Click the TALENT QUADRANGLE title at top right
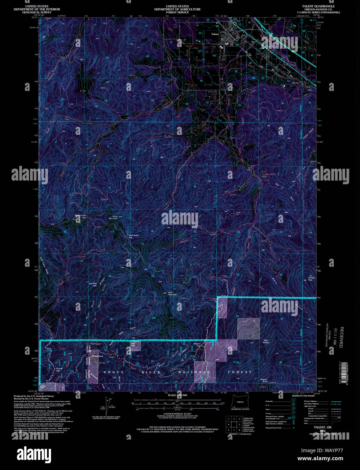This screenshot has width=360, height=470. (x=318, y=6)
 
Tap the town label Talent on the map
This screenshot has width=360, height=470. (x=215, y=34)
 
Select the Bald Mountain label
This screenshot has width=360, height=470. (x=172, y=293)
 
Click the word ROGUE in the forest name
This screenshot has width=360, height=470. (x=114, y=372)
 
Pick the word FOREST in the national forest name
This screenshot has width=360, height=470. (x=240, y=372)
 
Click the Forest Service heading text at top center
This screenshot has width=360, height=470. (x=177, y=9)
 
